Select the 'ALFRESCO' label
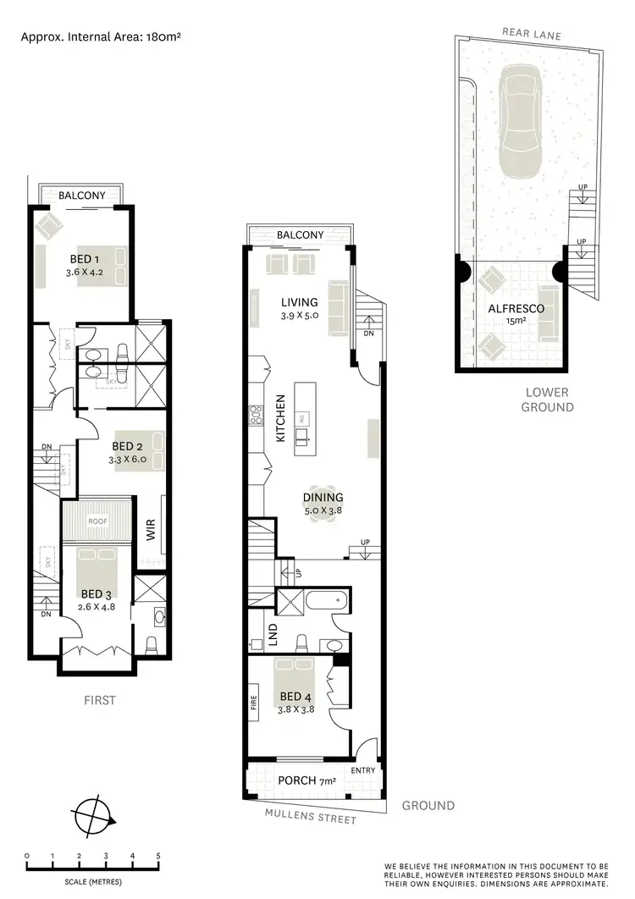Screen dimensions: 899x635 click(516, 309)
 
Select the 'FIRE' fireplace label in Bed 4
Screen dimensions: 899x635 click(253, 703)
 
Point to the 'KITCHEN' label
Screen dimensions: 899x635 click(279, 419)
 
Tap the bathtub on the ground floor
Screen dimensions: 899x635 click(325, 602)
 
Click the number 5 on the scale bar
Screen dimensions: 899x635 click(158, 856)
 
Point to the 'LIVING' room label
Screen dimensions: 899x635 click(300, 302)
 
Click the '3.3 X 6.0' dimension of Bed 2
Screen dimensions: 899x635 click(128, 460)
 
